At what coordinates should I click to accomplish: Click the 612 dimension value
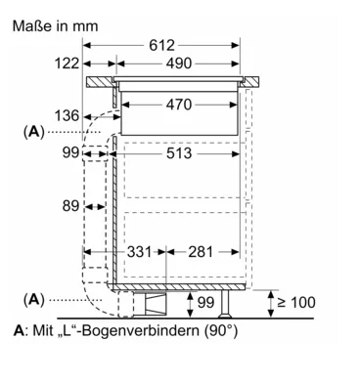(x=161, y=45)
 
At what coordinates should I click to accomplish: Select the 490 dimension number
(x=179, y=64)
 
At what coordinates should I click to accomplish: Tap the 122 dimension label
(x=67, y=64)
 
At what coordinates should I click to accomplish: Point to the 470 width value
(x=179, y=105)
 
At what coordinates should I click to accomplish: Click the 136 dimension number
(x=67, y=115)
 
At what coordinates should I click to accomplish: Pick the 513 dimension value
(x=179, y=153)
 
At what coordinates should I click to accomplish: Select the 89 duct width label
(x=70, y=206)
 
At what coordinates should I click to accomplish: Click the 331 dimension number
(x=139, y=252)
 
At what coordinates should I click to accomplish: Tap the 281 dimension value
(x=201, y=252)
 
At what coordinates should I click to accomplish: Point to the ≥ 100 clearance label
(x=296, y=302)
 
